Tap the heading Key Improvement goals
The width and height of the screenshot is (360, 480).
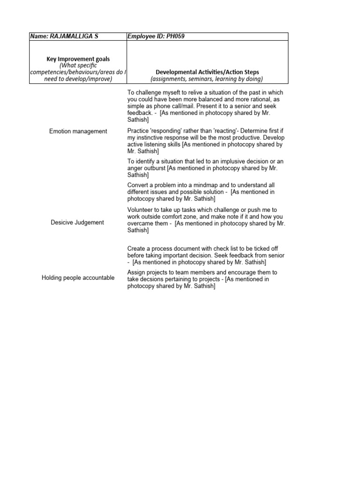point(78,59)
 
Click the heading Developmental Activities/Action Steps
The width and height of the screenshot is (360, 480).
point(207,72)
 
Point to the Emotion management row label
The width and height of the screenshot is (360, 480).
point(78,131)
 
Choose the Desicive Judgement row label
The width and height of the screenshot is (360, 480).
point(77,222)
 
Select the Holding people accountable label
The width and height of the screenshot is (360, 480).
point(78,277)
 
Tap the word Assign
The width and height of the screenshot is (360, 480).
point(136,272)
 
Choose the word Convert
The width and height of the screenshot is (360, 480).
point(138,185)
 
